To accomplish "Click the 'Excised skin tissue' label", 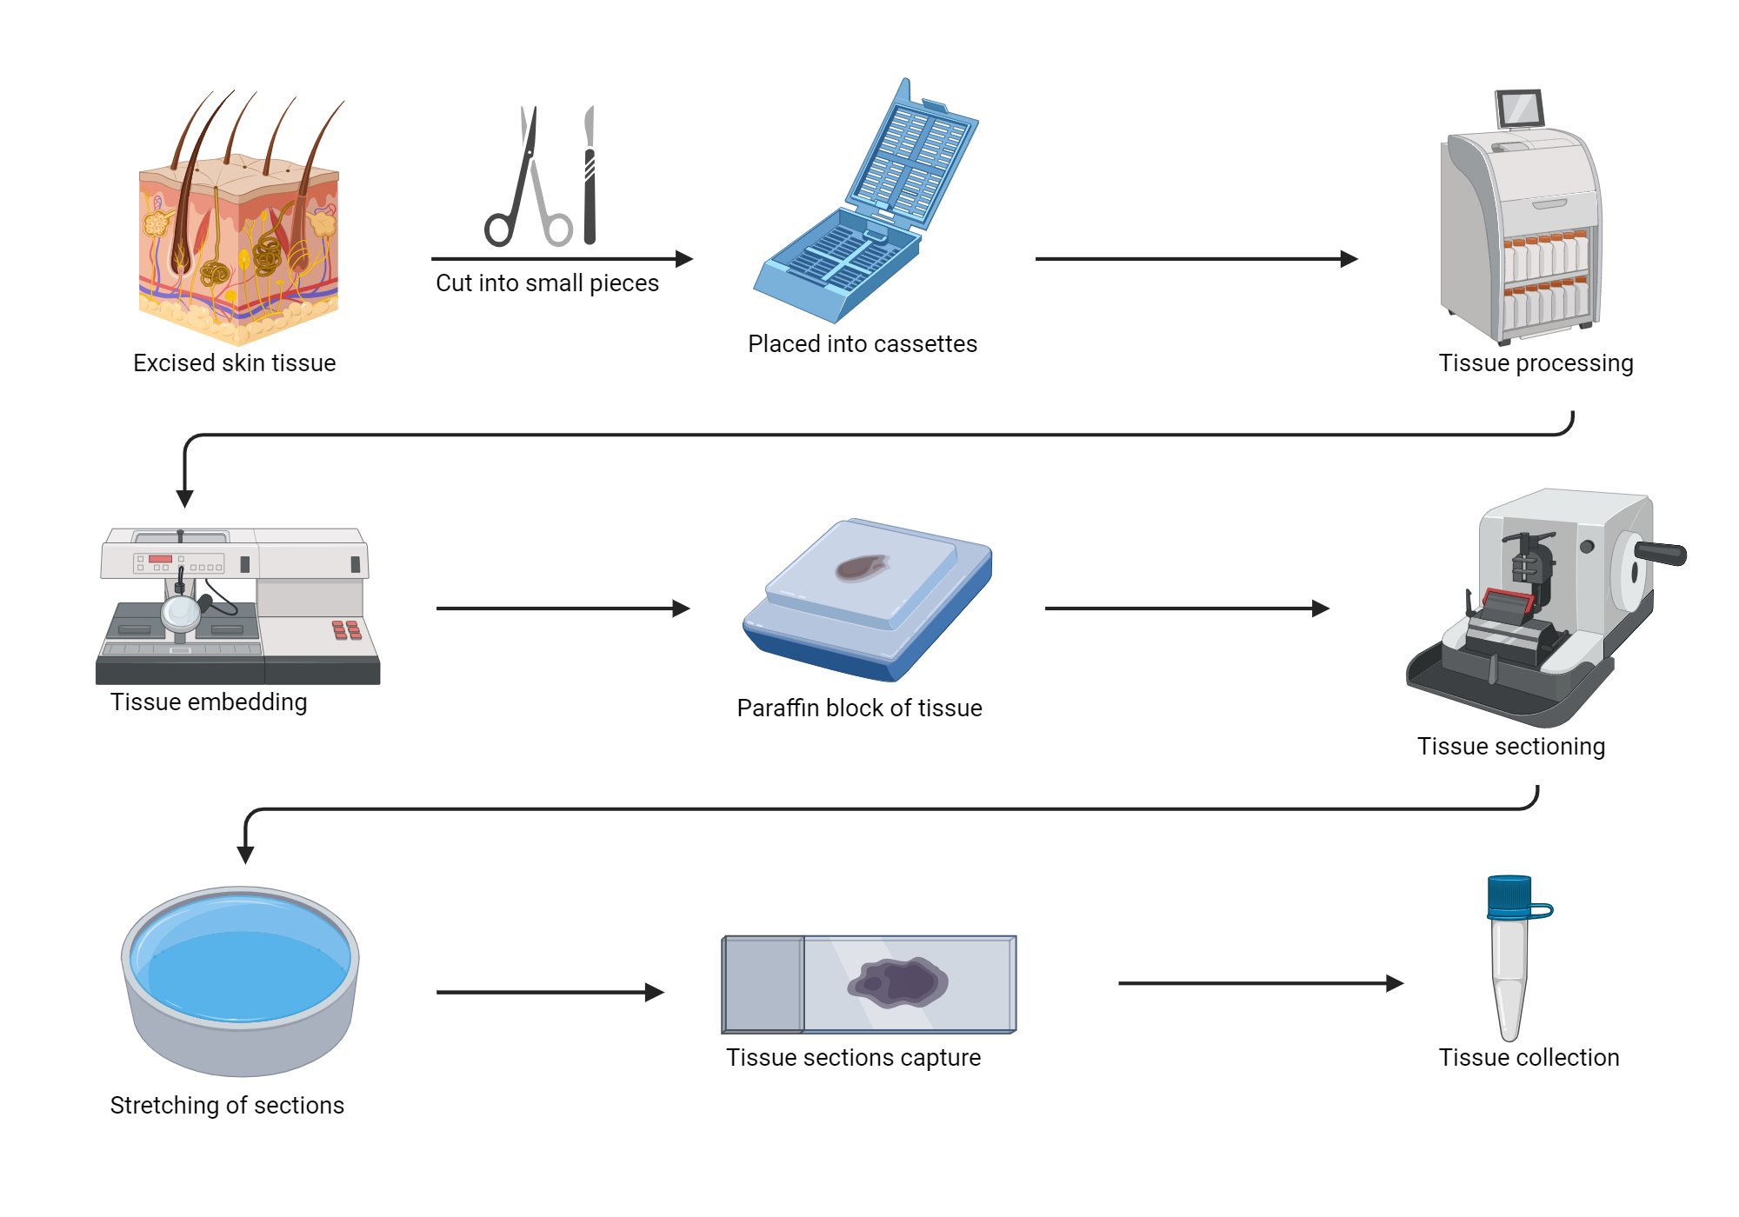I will click(234, 362).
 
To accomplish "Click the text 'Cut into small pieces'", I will click(547, 283).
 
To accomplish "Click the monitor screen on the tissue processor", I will click(1519, 110).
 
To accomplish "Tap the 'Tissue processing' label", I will click(1536, 362).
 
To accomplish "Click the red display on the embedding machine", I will click(160, 559).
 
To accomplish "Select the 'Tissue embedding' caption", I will click(209, 702).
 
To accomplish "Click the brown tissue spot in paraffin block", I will click(861, 568).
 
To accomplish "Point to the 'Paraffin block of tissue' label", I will click(859, 708).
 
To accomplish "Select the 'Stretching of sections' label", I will click(227, 1105).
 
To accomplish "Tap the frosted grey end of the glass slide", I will click(763, 984).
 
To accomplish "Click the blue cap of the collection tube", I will click(1509, 896).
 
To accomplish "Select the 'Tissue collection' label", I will click(1529, 1057).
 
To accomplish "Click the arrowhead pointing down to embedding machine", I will click(184, 497).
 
